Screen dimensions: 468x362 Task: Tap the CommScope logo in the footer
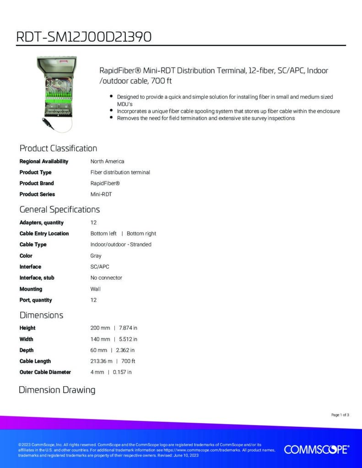(317, 449)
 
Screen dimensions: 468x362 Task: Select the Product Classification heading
(58, 149)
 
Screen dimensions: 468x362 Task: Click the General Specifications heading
(59, 210)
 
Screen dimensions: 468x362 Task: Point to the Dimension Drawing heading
(57, 390)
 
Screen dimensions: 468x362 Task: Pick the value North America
(107, 161)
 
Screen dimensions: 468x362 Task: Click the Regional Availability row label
(43, 161)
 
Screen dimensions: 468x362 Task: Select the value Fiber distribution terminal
(120, 172)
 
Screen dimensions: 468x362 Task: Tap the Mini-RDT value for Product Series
(101, 194)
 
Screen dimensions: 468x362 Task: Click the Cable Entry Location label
(44, 234)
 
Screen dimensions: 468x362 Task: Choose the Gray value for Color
(96, 256)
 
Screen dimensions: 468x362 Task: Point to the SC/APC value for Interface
(100, 267)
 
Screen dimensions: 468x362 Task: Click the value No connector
(106, 278)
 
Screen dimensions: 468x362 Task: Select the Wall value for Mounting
(96, 289)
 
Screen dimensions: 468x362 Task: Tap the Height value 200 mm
(100, 328)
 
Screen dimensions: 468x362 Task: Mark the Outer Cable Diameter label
(45, 372)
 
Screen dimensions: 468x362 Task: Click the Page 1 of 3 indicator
(340, 415)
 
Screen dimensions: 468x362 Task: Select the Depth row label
(27, 350)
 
